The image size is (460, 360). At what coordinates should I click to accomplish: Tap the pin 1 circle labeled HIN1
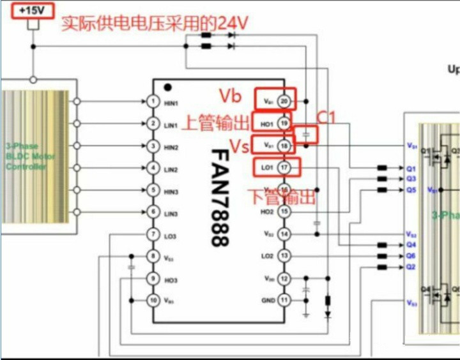click(152, 102)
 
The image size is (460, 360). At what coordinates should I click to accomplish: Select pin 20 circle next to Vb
click(284, 100)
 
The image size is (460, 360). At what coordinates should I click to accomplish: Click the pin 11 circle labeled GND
click(284, 299)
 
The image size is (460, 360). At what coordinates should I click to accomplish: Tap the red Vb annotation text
click(231, 96)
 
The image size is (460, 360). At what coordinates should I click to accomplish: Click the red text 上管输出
click(215, 123)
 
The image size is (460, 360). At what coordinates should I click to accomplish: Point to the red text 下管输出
click(281, 196)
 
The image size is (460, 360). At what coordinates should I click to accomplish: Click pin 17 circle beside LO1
click(284, 167)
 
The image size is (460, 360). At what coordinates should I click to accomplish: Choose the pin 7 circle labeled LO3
click(152, 236)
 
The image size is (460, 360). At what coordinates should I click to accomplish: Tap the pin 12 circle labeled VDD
click(284, 278)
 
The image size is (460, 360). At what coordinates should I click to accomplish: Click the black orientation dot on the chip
click(167, 87)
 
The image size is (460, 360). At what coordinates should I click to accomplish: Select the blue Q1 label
click(411, 169)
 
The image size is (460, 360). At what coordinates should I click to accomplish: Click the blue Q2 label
click(411, 266)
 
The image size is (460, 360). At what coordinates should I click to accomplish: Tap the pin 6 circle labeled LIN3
click(152, 212)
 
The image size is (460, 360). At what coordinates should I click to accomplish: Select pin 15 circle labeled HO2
click(284, 211)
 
